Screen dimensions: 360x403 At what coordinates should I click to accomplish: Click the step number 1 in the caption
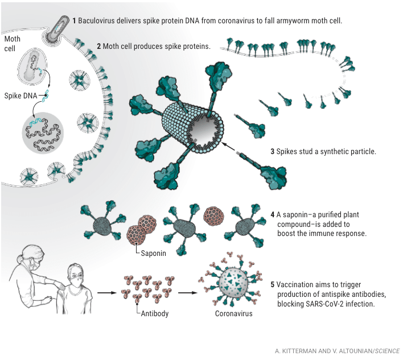(x=74, y=20)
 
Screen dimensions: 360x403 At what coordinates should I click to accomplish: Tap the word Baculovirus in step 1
(x=98, y=20)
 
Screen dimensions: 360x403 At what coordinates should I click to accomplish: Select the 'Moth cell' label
(x=13, y=44)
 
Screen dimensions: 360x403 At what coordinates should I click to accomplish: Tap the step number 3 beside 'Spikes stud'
(x=273, y=152)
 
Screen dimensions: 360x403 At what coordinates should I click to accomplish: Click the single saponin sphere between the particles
(x=213, y=216)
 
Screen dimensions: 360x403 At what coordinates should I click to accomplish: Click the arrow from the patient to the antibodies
(x=107, y=293)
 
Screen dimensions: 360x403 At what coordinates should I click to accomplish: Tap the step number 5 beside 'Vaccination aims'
(x=273, y=284)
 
